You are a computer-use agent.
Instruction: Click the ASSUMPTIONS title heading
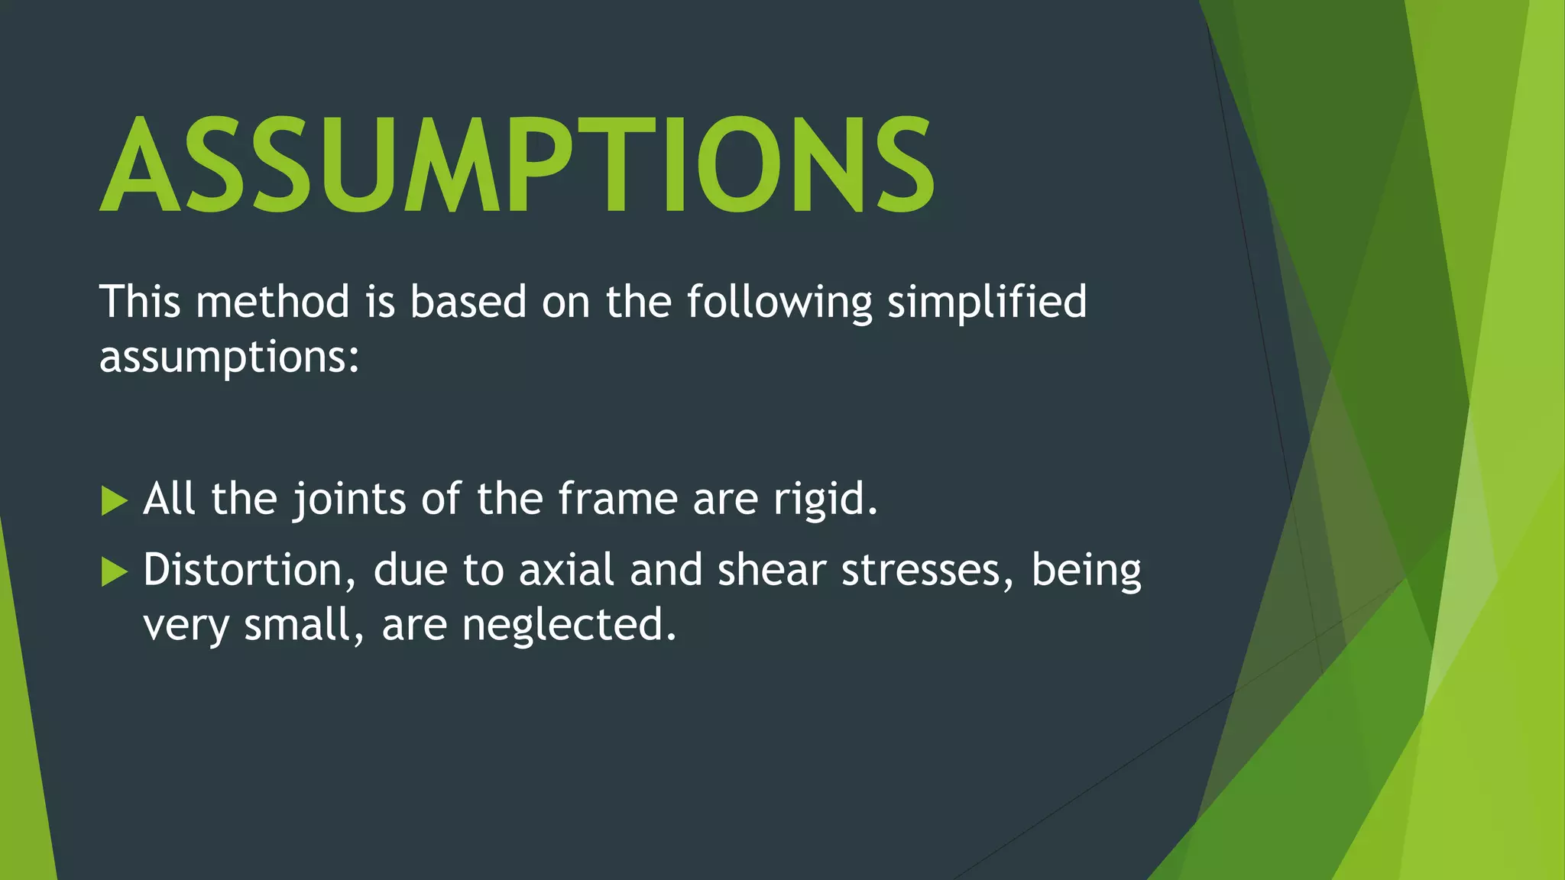(517, 164)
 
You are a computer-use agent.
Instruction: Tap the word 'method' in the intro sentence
(273, 301)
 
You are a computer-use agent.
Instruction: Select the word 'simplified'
(987, 301)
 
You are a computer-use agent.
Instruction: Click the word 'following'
(779, 301)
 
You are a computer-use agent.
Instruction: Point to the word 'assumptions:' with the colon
(229, 357)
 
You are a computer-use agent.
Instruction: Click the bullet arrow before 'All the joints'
(114, 501)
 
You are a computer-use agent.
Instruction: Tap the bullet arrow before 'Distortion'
(114, 571)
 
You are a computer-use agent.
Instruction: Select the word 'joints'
(349, 499)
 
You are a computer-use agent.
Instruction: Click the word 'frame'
(617, 499)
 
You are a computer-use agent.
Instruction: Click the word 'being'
(1086, 570)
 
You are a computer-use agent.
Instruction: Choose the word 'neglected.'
(569, 625)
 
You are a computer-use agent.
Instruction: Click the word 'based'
(468, 301)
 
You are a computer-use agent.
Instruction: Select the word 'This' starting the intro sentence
(140, 301)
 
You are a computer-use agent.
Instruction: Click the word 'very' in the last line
(186, 625)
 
